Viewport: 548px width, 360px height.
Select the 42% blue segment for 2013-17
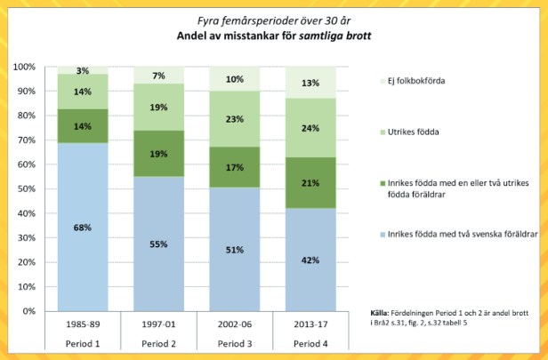309,259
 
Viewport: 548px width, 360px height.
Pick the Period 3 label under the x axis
233,342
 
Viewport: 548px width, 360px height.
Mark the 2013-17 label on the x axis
309,324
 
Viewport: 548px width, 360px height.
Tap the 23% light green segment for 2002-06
233,119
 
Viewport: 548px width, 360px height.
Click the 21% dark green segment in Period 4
309,182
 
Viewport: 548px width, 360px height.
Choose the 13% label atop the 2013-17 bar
309,83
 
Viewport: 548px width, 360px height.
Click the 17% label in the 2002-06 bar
233,167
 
